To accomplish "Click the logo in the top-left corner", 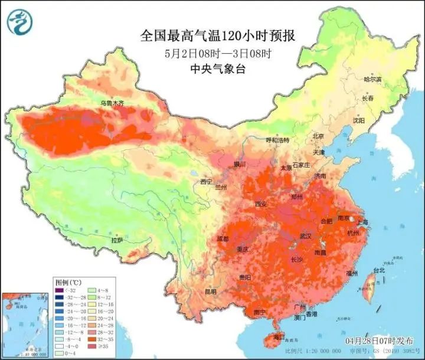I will click(19, 22).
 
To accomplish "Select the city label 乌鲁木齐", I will click(112, 103).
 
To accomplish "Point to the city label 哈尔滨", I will click(372, 78).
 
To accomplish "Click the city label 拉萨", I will click(117, 240).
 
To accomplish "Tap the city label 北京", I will click(318, 136).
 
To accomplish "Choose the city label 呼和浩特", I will click(277, 140).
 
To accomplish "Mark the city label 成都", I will click(223, 239).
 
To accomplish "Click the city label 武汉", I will click(305, 236).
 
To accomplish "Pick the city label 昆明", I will click(211, 292).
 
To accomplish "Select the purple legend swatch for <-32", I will click(58, 290).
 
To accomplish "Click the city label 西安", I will click(261, 204).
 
